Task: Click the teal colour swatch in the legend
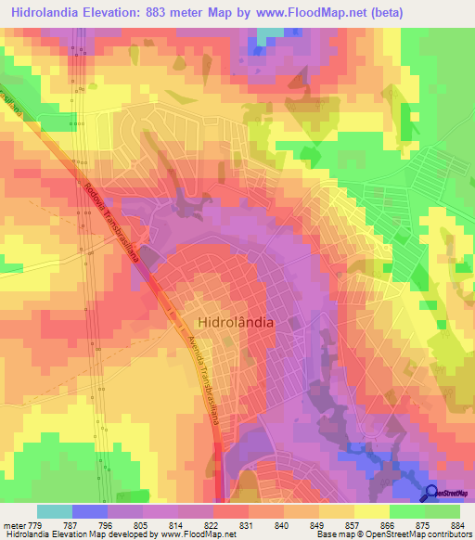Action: click(55, 511)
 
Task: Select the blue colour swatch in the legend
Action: click(90, 511)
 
